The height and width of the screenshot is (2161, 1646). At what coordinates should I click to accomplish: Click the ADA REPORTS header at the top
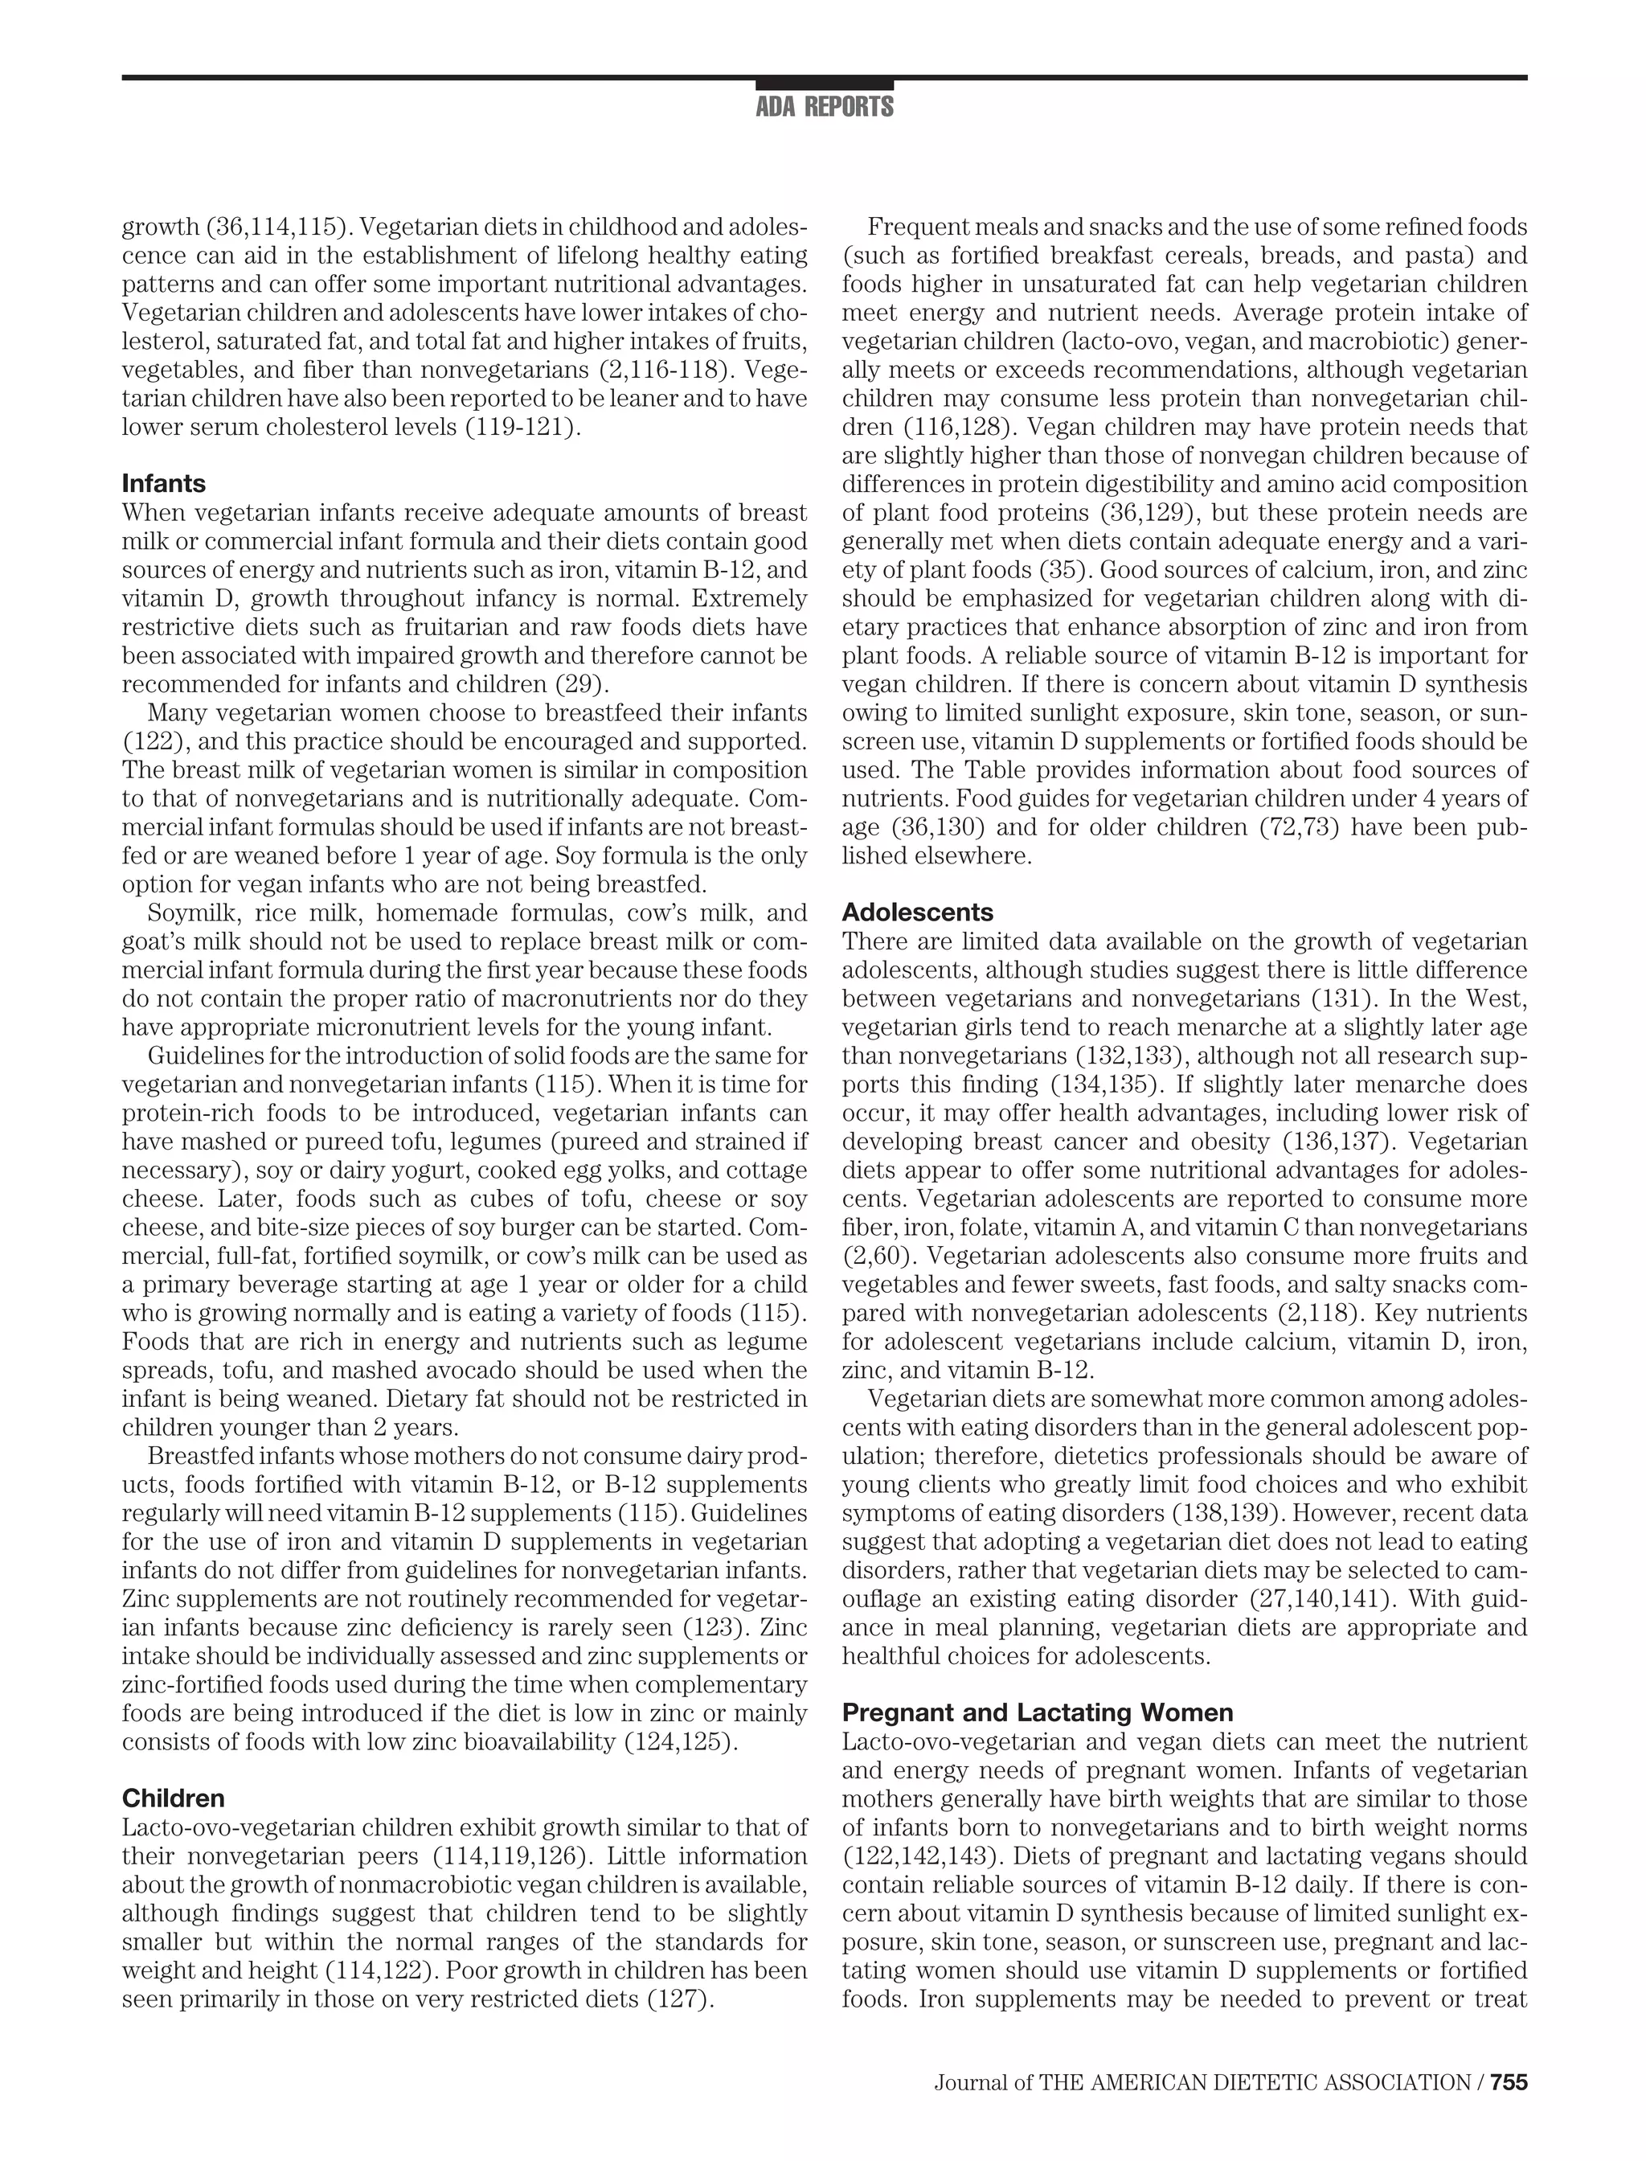point(824,107)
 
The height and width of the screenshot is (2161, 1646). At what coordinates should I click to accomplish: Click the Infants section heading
point(164,483)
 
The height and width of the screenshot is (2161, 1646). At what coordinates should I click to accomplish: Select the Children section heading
point(173,1798)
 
